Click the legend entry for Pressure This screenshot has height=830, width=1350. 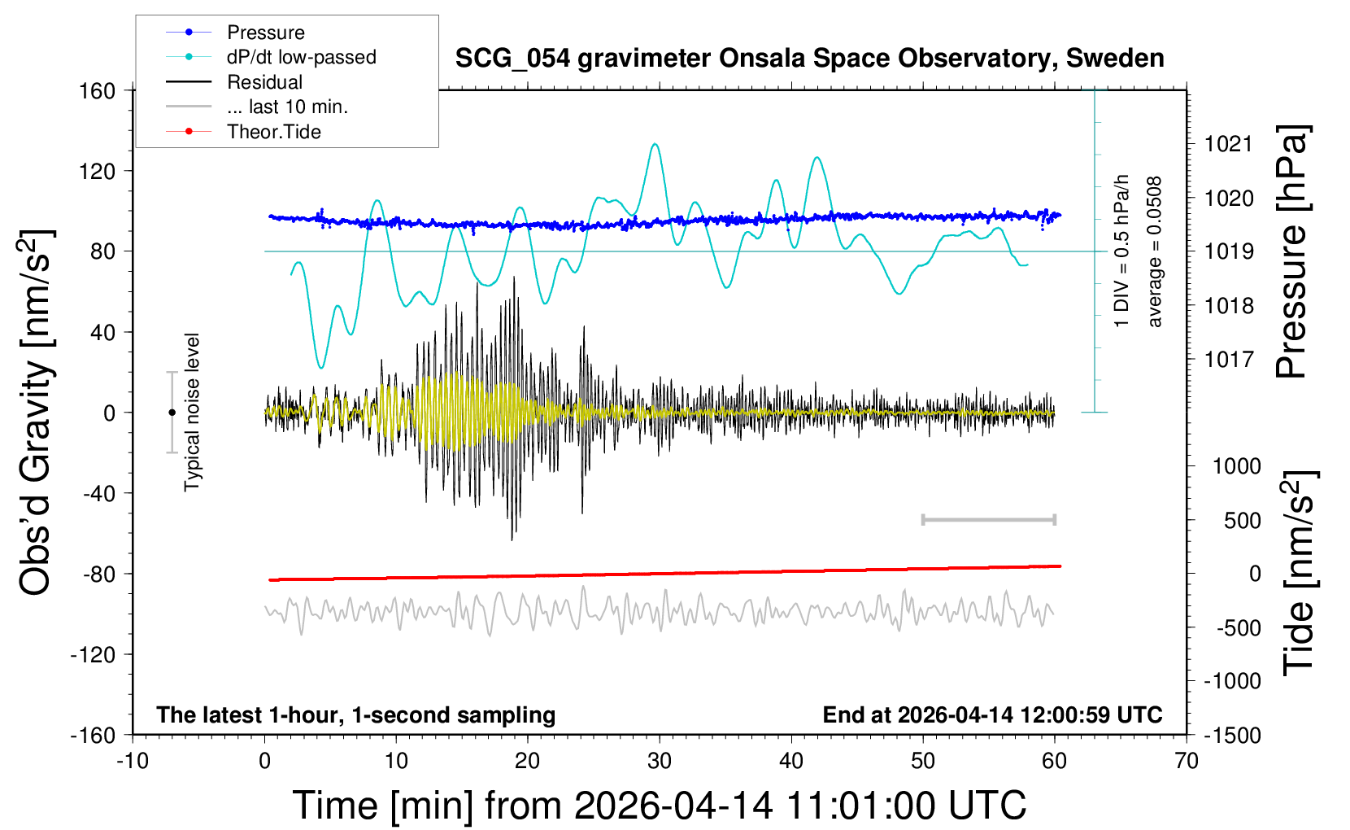tap(265, 33)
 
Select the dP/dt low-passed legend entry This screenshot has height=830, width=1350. tap(301, 57)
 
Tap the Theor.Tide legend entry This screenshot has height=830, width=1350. tap(273, 132)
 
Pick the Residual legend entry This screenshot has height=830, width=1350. tap(264, 82)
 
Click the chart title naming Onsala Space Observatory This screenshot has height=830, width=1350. tap(809, 59)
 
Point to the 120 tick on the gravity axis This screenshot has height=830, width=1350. tap(98, 171)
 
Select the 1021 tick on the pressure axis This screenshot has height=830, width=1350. tap(1228, 144)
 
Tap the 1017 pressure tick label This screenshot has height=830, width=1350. tap(1228, 359)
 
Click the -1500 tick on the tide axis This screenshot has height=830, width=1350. tap(1232, 735)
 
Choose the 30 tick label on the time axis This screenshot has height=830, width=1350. tap(660, 762)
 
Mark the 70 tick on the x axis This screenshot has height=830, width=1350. tap(1187, 762)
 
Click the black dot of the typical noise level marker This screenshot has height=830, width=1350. tap(172, 413)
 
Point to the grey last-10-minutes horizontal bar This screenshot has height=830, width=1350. tap(988, 519)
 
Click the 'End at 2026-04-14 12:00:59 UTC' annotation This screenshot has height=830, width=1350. tap(992, 714)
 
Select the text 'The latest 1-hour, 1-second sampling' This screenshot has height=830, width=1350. tap(355, 714)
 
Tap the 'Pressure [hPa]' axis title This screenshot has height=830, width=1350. tap(1291, 252)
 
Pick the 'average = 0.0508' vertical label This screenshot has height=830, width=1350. tap(1155, 252)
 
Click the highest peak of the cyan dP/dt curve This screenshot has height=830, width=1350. tap(655, 145)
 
